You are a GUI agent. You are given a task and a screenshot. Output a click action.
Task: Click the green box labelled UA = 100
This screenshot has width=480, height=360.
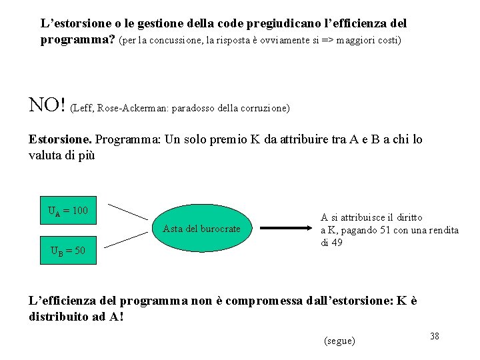coord(68,211)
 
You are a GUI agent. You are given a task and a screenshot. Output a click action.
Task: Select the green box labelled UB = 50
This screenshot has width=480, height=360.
coord(68,251)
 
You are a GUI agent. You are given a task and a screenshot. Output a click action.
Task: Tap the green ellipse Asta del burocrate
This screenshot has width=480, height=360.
coord(201,229)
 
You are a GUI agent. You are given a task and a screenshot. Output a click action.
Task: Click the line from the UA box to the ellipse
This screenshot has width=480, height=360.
coord(128,211)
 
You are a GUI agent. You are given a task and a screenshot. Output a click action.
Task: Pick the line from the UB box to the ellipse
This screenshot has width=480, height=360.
coord(128,241)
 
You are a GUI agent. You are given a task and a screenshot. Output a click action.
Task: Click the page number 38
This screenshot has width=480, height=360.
coord(434,336)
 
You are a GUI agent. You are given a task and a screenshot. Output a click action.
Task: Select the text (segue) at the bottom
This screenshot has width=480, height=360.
coord(339,341)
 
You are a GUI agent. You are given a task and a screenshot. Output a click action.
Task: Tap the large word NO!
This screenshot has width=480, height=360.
coord(47,105)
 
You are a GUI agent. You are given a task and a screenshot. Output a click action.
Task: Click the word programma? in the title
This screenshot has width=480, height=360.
coord(77,39)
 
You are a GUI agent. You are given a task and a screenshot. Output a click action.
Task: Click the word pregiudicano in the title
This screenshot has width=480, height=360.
coord(284,23)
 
